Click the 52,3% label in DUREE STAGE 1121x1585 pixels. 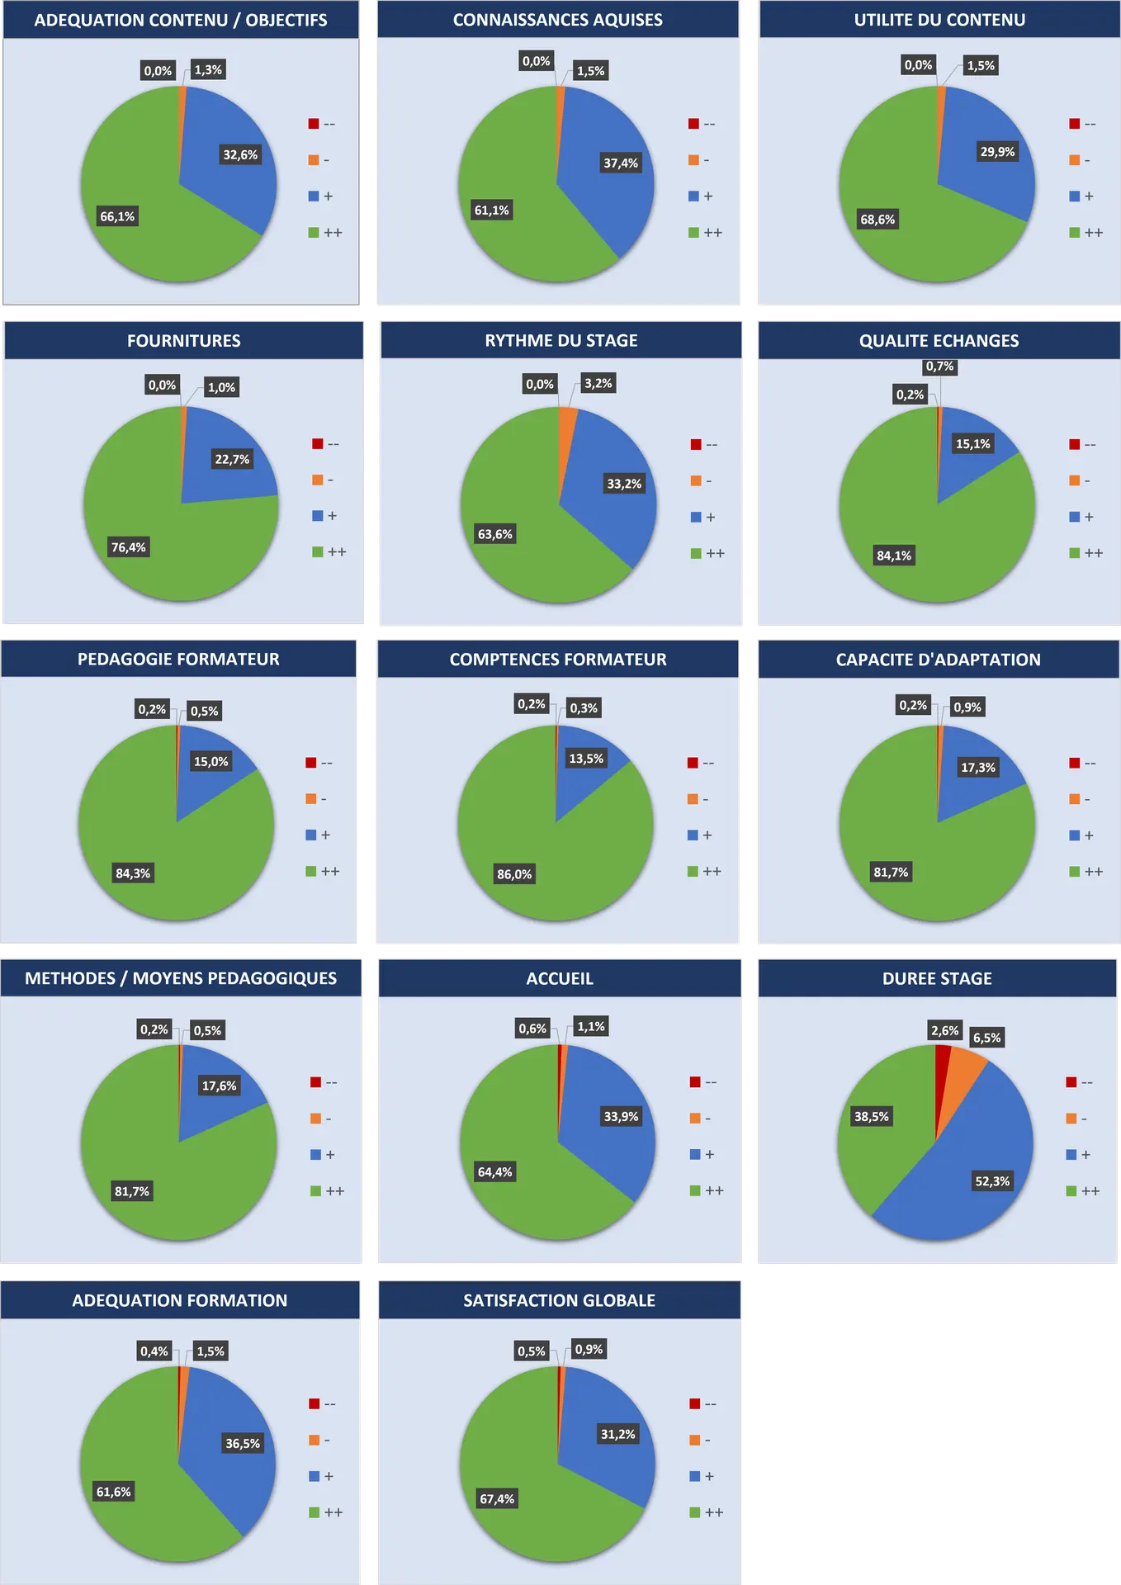pos(992,1181)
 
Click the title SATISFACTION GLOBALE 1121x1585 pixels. pos(559,1300)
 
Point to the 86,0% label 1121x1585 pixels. pos(514,874)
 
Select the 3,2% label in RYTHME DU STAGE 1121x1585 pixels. pos(598,383)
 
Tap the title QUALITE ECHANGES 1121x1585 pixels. pos(939,341)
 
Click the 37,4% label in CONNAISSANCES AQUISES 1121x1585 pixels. pos(621,163)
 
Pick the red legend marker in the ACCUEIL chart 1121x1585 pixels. pos(695,1082)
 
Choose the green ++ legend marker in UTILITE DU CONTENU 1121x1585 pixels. pos(1074,233)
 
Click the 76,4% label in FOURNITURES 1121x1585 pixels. pos(129,547)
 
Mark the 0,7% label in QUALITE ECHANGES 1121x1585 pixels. pos(939,367)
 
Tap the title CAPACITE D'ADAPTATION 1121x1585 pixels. pos(938,660)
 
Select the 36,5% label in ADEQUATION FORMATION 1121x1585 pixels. pos(243,1443)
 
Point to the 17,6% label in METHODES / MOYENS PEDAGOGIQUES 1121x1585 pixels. pos(220,1086)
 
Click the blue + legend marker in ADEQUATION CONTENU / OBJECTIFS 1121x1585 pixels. pos(314,196)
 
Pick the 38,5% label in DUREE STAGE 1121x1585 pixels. pos(872,1117)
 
